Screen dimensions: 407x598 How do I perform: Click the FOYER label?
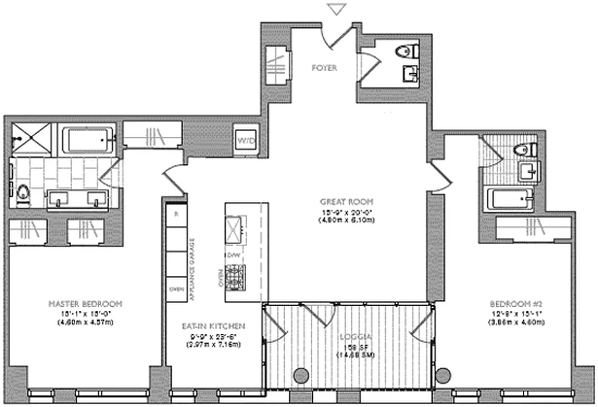click(324, 68)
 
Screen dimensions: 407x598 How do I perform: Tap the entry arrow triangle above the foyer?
click(337, 9)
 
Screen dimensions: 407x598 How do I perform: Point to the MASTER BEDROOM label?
click(85, 304)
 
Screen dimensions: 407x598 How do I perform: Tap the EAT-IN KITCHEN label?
click(214, 326)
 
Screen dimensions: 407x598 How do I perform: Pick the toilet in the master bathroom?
click(21, 194)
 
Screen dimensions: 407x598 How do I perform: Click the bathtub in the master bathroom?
click(87, 138)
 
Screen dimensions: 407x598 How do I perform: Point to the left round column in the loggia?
click(302, 374)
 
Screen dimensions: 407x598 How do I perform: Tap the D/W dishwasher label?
click(233, 254)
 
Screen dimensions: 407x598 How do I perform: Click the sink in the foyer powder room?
click(411, 73)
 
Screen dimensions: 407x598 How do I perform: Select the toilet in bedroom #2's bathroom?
click(523, 150)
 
